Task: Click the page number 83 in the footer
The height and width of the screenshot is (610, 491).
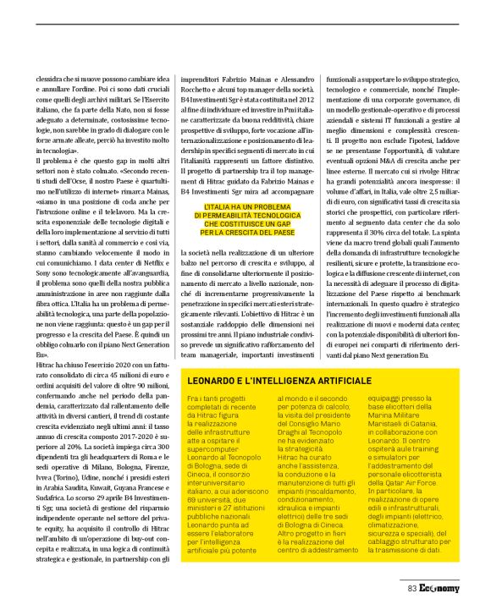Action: point(411,589)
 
